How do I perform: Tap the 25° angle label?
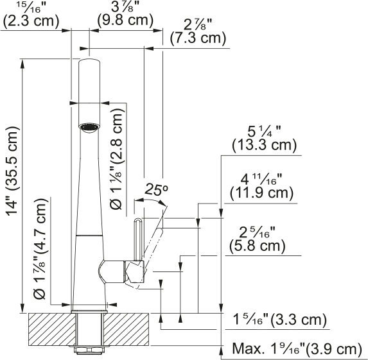click(157, 189)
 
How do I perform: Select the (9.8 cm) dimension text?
click(126, 20)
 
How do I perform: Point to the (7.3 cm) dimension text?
click(198, 38)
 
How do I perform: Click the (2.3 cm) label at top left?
click(31, 21)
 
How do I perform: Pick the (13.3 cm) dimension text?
click(264, 144)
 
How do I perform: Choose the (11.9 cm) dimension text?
click(261, 193)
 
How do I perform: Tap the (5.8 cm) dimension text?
click(258, 246)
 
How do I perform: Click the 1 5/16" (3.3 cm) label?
click(280, 320)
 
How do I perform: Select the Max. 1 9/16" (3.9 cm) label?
click(297, 348)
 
